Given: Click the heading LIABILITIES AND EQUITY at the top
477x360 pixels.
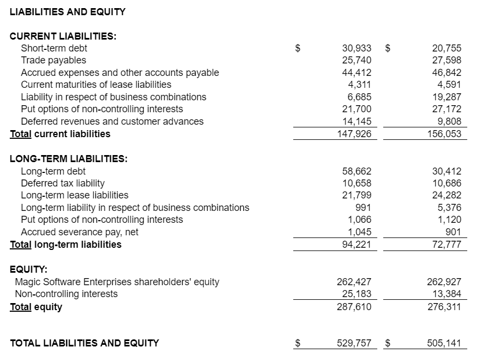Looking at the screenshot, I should point(68,11).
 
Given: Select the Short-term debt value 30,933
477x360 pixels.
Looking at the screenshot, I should point(357,48).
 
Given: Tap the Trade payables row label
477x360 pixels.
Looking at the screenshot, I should point(53,60).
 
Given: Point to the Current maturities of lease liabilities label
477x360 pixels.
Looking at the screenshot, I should point(96,85).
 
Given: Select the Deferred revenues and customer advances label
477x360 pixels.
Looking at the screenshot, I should point(112,121).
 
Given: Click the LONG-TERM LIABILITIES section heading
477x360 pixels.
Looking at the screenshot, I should point(69,159).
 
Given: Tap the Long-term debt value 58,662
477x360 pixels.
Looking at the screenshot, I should point(357,171).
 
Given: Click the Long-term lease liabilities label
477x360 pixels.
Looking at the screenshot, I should point(75,195).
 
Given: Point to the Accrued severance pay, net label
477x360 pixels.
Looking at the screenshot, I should point(80,232).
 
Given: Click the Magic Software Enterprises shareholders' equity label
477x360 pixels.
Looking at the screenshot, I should point(117,282).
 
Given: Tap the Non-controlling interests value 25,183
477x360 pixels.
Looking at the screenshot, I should point(357,294).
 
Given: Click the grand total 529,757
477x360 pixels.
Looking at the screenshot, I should point(354,343).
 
